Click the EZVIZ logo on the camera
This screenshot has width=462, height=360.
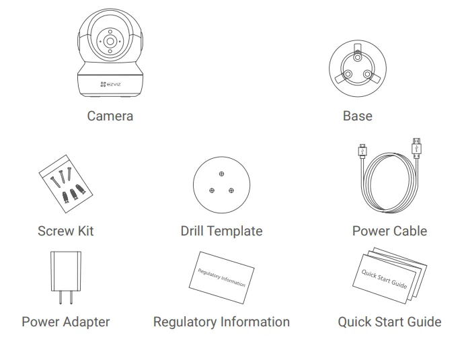point(110,84)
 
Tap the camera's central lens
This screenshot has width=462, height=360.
point(110,41)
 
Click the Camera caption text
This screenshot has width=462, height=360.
point(110,116)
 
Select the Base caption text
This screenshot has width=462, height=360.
point(357,116)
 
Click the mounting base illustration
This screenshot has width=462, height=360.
point(356,69)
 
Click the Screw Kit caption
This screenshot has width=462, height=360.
point(65,231)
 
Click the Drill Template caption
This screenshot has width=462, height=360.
point(221,231)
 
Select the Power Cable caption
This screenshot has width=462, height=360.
point(389,231)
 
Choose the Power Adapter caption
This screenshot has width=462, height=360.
point(65,322)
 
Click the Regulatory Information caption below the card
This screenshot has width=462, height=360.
point(221,322)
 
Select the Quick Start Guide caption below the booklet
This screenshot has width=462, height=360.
point(389,322)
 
